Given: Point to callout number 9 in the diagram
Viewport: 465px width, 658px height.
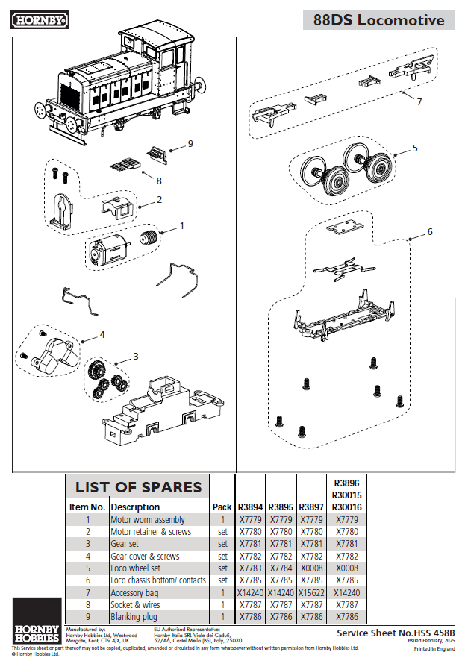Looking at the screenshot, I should [x=190, y=143].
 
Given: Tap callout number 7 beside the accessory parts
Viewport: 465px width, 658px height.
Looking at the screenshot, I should [x=419, y=101].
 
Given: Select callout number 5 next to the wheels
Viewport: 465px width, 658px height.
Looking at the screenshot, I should [x=415, y=148].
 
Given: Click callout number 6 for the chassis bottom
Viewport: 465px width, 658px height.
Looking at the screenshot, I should [x=429, y=232].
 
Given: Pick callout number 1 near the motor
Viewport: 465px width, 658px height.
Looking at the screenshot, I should [x=181, y=225].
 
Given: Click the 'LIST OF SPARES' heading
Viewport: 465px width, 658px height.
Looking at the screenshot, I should [x=138, y=487].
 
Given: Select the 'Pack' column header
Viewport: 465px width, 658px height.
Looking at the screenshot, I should [x=222, y=507].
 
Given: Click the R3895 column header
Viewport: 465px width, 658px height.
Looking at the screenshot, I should [x=281, y=507].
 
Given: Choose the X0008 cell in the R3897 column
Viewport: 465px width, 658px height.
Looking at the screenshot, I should [x=311, y=568].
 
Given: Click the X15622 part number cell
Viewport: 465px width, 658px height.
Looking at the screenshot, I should [x=311, y=592].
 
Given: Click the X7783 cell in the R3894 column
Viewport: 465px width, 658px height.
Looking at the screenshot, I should [x=250, y=568].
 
